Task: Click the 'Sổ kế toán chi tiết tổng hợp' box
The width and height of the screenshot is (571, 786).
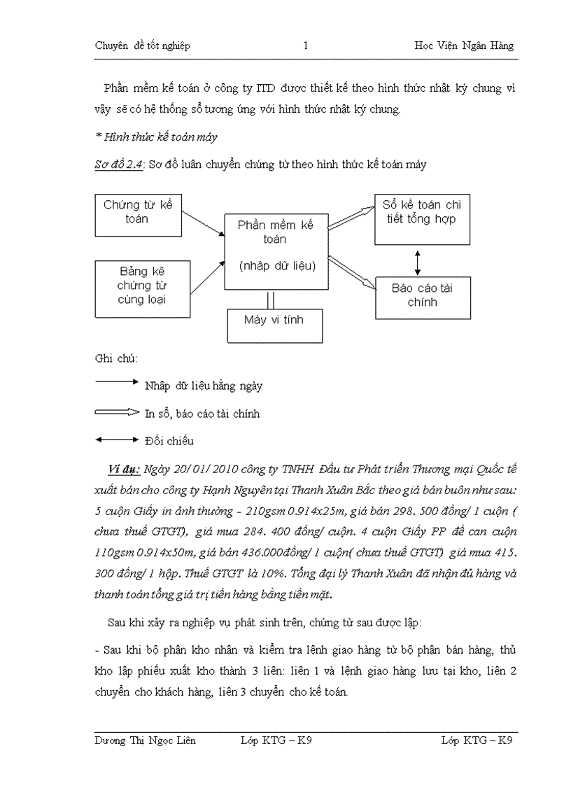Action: coord(421,219)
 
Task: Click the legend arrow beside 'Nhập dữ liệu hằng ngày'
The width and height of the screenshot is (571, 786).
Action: coord(117,382)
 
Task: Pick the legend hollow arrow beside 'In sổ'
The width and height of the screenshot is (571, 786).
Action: coord(117,412)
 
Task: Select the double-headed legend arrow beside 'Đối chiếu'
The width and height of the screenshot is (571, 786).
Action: coord(117,440)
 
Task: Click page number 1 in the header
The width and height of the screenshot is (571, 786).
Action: coord(306,46)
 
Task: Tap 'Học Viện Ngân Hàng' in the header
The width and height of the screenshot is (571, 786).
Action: coord(464,46)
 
